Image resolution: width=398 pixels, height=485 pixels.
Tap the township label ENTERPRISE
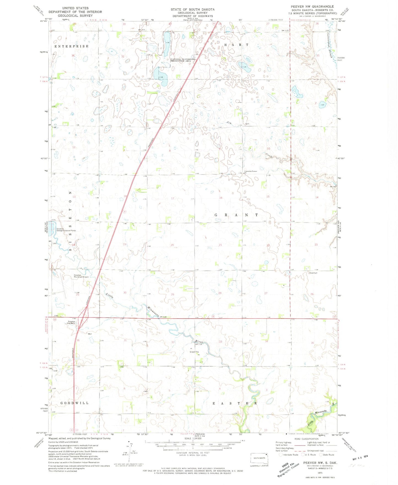point(72,46)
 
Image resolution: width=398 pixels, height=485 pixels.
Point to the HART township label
point(236,45)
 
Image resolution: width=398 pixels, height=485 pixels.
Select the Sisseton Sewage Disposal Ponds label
point(66,229)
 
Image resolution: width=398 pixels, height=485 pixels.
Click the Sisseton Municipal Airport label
point(81,276)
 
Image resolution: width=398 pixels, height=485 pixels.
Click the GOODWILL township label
point(74,403)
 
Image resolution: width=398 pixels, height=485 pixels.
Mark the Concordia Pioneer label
point(250,171)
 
